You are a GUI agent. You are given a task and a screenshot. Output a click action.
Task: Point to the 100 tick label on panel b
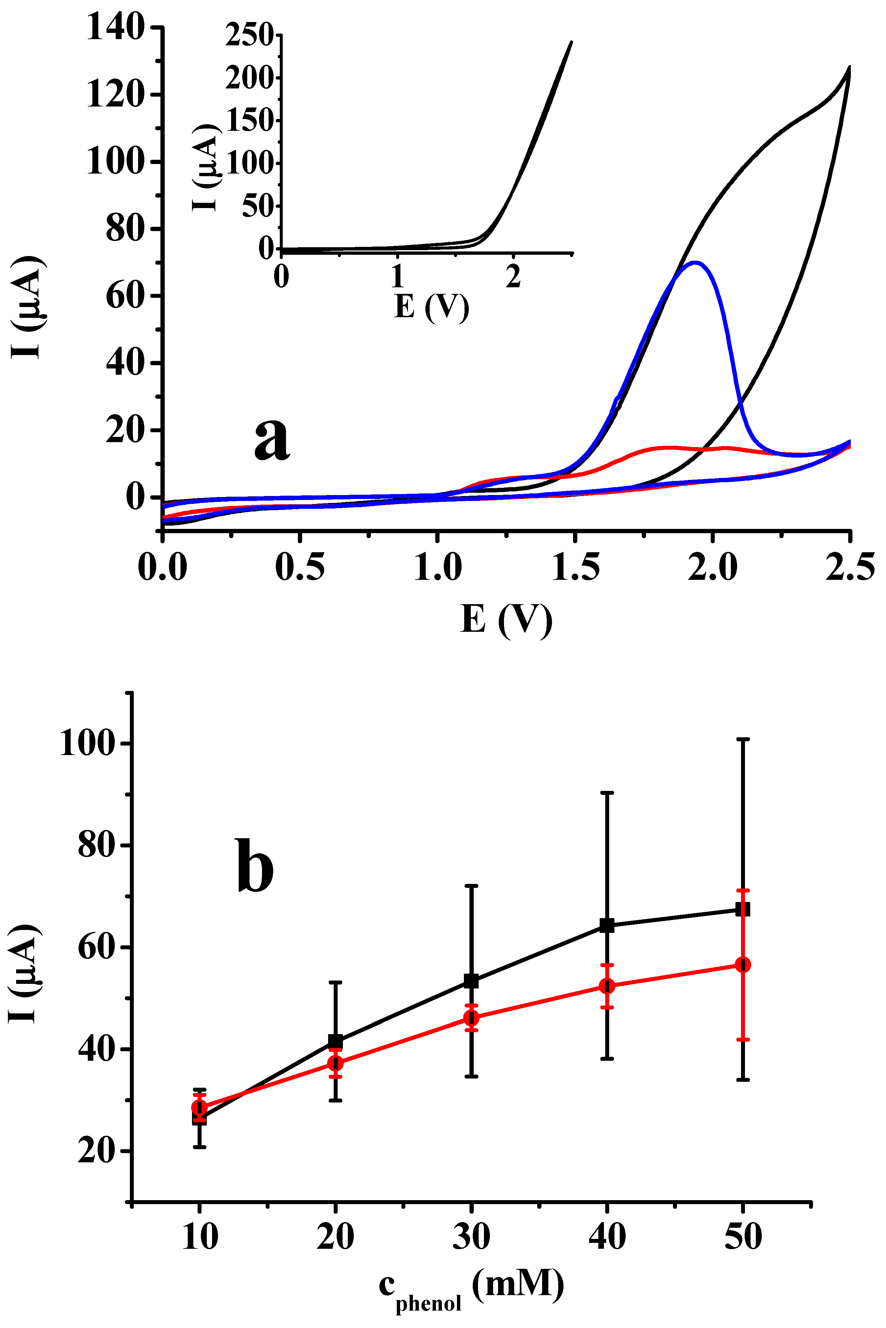tap(87, 743)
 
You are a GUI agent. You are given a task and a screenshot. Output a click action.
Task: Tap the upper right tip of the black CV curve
tap(849, 68)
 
